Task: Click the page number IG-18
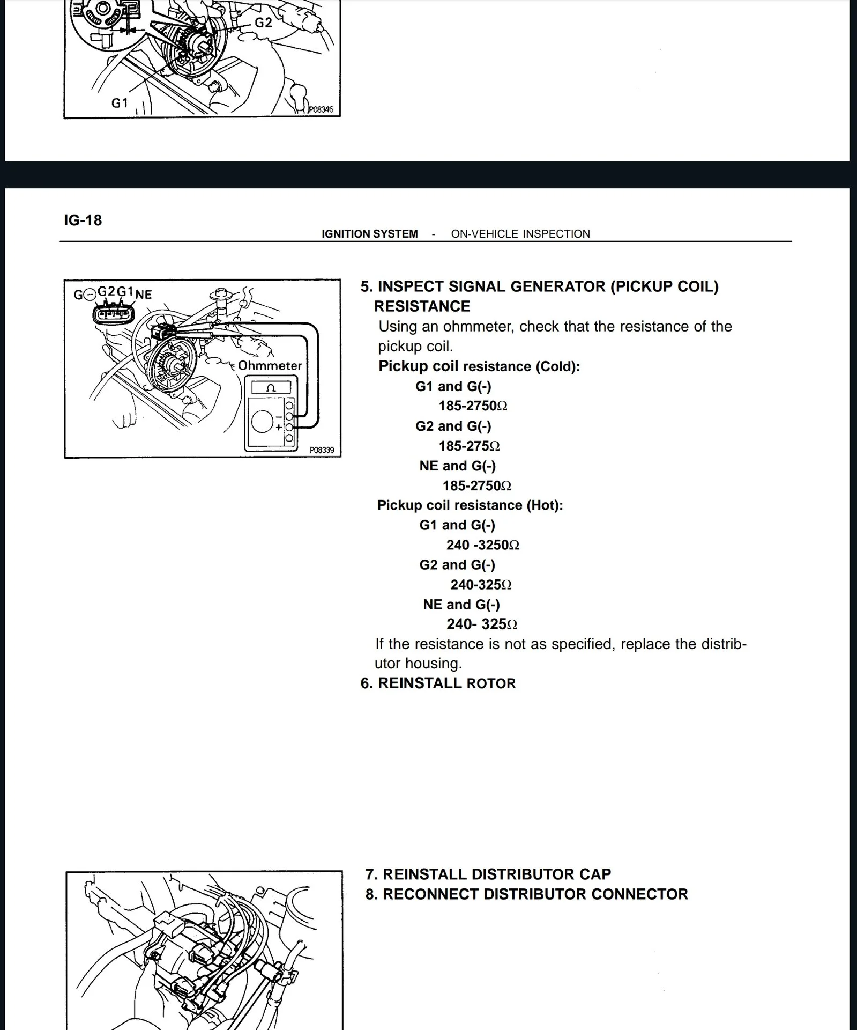tap(83, 220)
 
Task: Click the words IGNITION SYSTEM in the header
tap(369, 234)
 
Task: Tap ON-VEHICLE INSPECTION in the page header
tap(520, 234)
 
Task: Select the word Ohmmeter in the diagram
tap(270, 366)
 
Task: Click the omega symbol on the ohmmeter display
tap(271, 387)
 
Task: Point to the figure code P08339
tap(322, 450)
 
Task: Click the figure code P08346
tap(321, 109)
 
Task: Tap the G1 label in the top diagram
tap(120, 102)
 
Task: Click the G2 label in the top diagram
tap(263, 23)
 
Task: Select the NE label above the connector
tap(144, 295)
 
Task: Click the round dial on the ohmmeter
tap(263, 421)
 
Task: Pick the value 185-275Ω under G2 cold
tap(469, 446)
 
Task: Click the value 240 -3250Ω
tap(482, 545)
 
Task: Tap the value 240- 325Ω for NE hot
tap(481, 624)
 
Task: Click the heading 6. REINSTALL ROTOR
tap(438, 683)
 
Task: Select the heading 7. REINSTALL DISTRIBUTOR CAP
tap(488, 874)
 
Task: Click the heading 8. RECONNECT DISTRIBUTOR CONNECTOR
tap(526, 894)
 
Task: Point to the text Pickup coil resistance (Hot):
tap(470, 505)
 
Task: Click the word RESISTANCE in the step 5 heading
tap(422, 306)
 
